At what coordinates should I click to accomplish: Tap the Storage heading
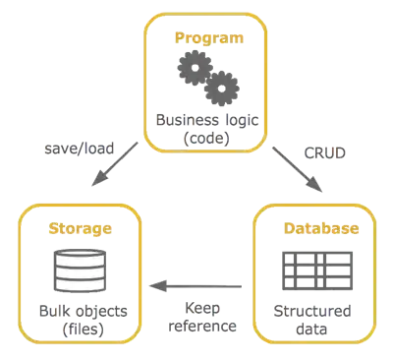(79, 227)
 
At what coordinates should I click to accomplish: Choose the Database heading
(320, 228)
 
